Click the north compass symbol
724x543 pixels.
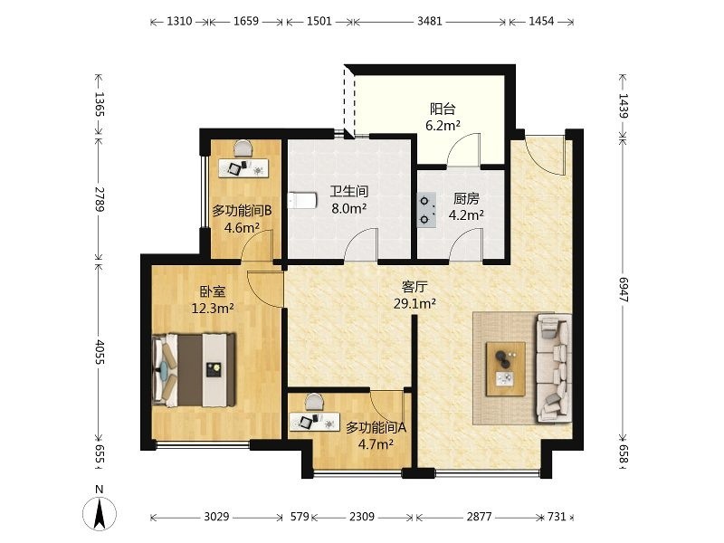[x=100, y=510]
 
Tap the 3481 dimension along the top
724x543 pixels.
[x=429, y=21]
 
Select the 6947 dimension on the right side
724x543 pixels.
[x=624, y=290]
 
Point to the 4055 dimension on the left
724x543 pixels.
[x=100, y=352]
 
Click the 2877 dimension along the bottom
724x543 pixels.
[x=479, y=516]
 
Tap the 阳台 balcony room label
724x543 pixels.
[x=443, y=109]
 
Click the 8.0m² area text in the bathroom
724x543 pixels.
[x=349, y=208]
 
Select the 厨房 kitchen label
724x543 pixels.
[x=466, y=198]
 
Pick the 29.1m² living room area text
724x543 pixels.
[x=414, y=303]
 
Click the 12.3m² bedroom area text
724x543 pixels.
[x=213, y=308]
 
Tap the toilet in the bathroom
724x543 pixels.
[x=302, y=201]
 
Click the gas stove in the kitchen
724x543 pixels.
[x=426, y=209]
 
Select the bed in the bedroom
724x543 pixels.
[x=194, y=370]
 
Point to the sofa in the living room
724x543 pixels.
[x=554, y=368]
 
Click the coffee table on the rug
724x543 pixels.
[x=506, y=368]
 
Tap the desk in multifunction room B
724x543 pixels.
[x=243, y=168]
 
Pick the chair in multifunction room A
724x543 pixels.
[x=315, y=401]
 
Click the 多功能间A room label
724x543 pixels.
[x=376, y=427]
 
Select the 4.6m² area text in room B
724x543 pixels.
[x=242, y=227]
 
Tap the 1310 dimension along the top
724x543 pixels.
[x=179, y=21]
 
